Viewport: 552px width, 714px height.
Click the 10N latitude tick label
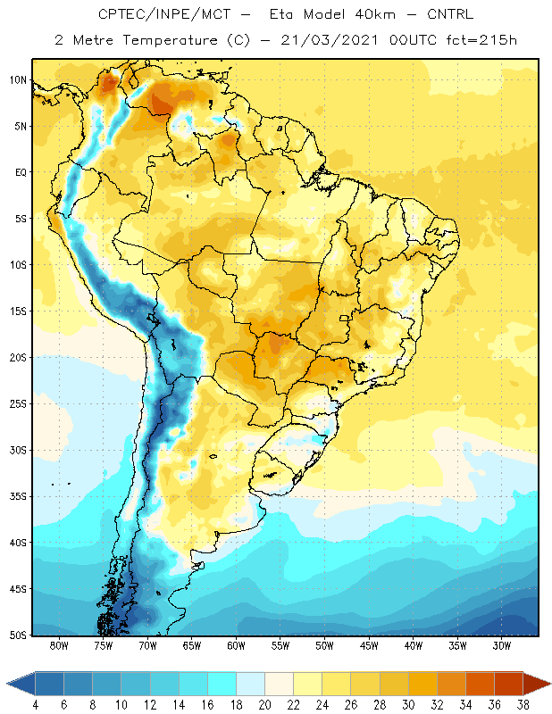tap(18, 80)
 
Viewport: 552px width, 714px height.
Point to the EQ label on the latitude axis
tap(21, 172)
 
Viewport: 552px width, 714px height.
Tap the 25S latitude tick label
tap(18, 404)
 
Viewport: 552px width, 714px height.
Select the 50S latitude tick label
tap(18, 635)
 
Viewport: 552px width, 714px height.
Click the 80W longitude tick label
tap(59, 646)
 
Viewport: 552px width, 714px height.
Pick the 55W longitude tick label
tap(280, 646)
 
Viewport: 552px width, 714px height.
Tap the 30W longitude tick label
tap(502, 646)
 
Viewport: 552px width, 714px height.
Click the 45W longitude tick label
tap(369, 646)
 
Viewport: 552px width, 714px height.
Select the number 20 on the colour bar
tap(264, 705)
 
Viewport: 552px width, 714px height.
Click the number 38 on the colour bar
tap(523, 705)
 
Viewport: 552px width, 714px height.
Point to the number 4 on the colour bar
tap(35, 705)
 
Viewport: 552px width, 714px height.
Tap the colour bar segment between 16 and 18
tap(222, 684)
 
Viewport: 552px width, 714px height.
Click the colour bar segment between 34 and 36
tap(481, 684)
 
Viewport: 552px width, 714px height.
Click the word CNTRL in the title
tap(450, 14)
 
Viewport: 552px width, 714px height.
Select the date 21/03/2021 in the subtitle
tap(330, 40)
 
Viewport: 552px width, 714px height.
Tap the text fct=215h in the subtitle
tap(481, 40)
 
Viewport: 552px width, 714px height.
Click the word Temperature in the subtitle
tap(170, 40)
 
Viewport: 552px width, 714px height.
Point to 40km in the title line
tap(375, 14)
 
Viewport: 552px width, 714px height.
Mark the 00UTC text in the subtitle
tap(413, 40)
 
